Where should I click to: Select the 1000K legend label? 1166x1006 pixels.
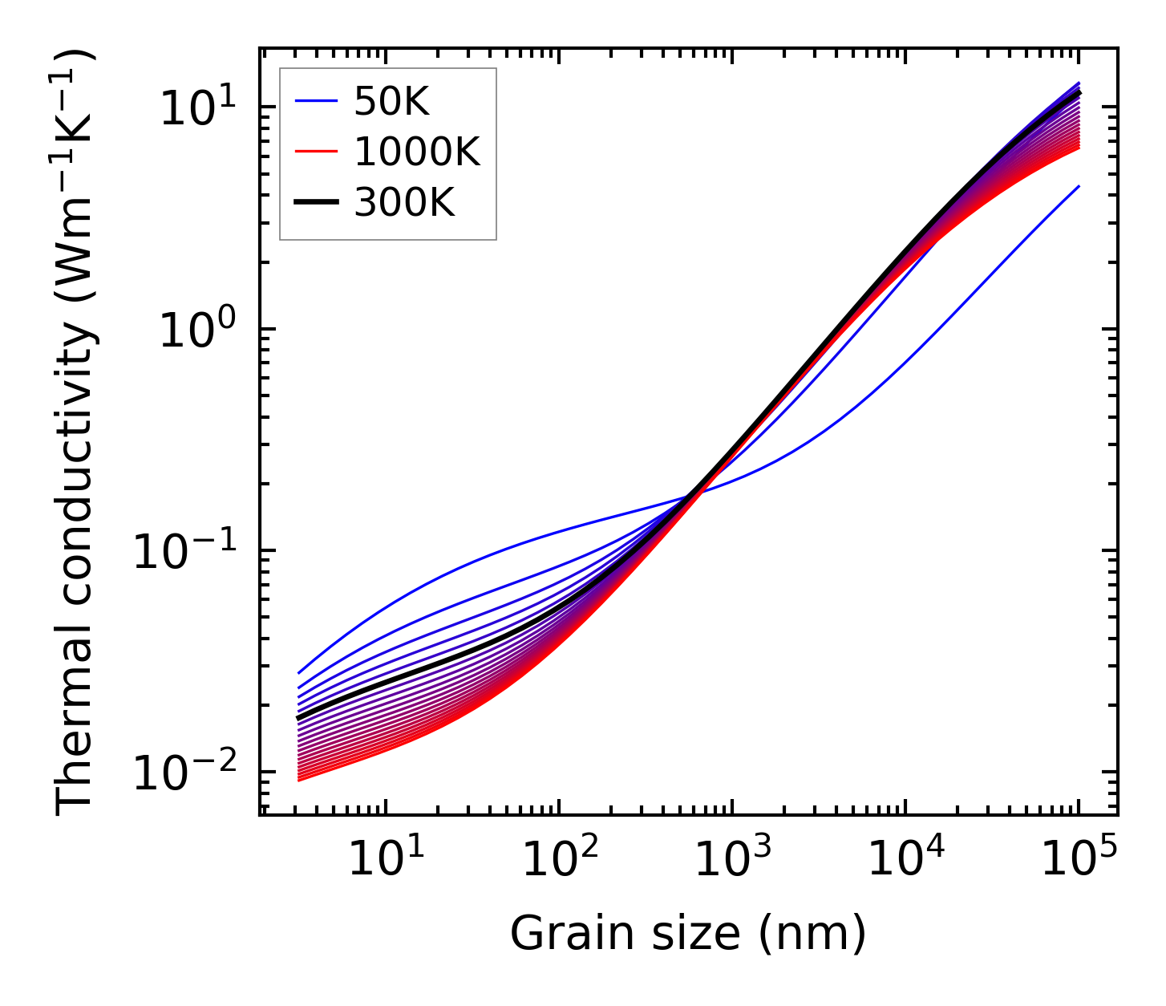(x=417, y=152)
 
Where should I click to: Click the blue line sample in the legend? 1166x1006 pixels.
(x=316, y=102)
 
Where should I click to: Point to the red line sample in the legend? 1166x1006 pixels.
(x=316, y=152)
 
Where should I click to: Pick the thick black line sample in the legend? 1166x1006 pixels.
(x=316, y=203)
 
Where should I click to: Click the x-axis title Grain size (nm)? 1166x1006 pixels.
(x=688, y=934)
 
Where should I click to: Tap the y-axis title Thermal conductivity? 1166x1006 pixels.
(x=77, y=432)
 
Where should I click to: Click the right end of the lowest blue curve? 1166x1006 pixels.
(x=1079, y=186)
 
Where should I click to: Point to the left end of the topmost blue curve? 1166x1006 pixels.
(x=298, y=673)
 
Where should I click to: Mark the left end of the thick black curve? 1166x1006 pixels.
(x=298, y=718)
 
